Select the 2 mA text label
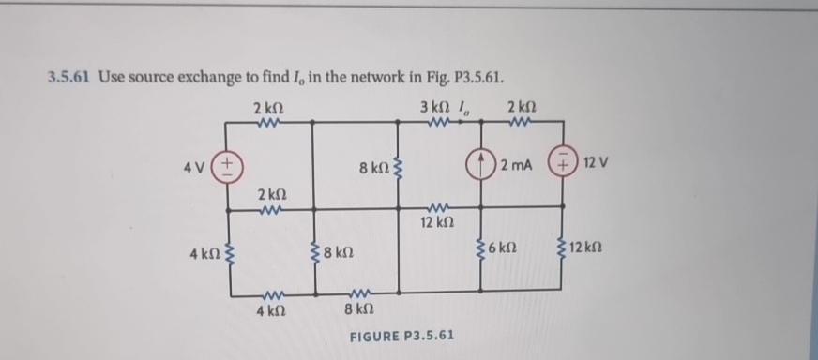pyautogui.click(x=517, y=166)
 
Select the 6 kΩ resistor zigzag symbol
pyautogui.click(x=483, y=252)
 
